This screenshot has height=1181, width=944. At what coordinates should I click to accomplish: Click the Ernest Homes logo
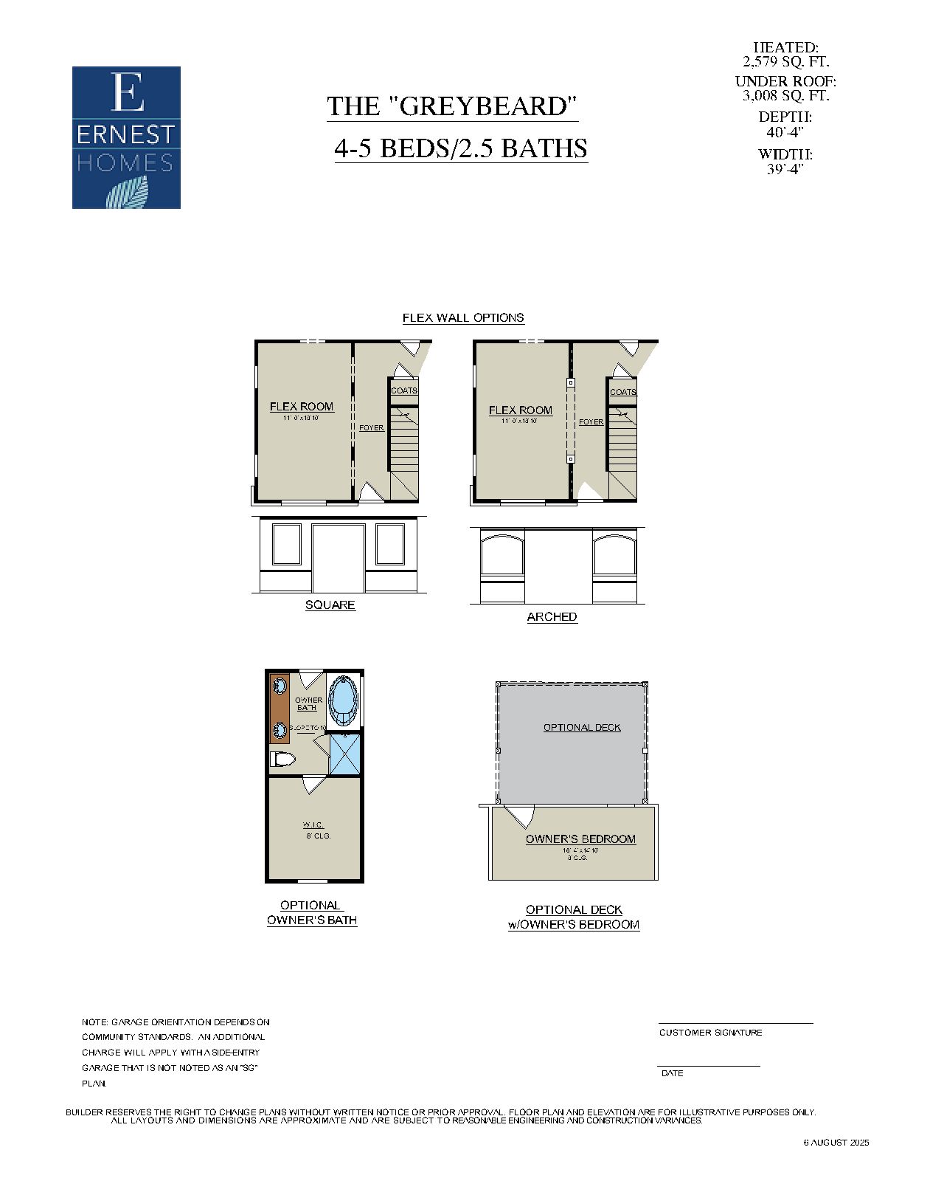(x=126, y=137)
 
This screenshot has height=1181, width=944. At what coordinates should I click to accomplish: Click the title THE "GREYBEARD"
(x=451, y=106)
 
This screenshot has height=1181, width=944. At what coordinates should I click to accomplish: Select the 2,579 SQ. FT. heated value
(x=785, y=61)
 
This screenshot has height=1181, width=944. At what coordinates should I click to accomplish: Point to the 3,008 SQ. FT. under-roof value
(x=785, y=95)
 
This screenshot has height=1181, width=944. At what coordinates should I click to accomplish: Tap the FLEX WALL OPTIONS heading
(x=463, y=317)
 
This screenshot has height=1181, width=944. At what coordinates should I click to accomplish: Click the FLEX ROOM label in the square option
(x=301, y=407)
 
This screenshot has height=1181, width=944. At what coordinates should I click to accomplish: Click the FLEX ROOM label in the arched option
(x=520, y=410)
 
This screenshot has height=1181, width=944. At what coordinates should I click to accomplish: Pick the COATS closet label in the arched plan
(x=623, y=392)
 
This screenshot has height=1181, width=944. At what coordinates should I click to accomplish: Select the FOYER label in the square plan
(x=371, y=428)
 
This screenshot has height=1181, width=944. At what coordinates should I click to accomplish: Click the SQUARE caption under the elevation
(x=330, y=605)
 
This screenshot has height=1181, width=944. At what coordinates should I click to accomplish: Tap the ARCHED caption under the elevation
(x=552, y=617)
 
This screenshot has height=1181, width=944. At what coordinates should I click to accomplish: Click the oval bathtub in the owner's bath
(x=342, y=700)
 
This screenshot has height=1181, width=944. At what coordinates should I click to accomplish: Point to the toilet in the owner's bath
(x=282, y=759)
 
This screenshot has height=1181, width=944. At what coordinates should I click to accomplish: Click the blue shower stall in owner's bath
(x=344, y=754)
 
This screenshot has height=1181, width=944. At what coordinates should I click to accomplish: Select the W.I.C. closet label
(x=313, y=825)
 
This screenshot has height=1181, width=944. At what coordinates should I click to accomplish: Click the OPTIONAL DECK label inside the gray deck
(x=582, y=727)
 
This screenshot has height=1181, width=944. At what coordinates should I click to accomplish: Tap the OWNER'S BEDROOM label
(x=580, y=839)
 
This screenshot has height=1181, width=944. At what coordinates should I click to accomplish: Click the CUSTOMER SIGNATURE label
(x=710, y=1033)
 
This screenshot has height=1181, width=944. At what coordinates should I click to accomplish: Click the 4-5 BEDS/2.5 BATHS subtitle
(x=461, y=148)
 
